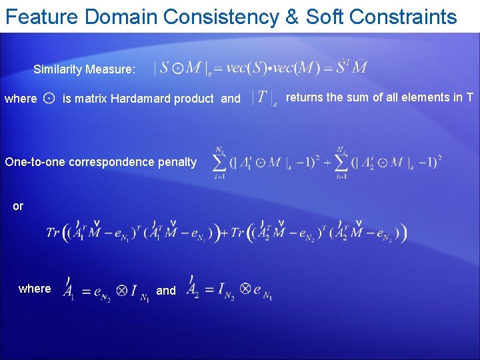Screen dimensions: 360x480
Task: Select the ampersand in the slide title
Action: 292,17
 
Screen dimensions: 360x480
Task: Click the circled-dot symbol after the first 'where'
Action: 49,99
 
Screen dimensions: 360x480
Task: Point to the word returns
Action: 305,97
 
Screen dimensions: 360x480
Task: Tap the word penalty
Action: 177,161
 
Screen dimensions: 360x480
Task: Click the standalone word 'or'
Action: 18,206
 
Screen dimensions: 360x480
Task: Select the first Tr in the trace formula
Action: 53,233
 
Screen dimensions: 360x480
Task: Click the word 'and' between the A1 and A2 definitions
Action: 166,290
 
